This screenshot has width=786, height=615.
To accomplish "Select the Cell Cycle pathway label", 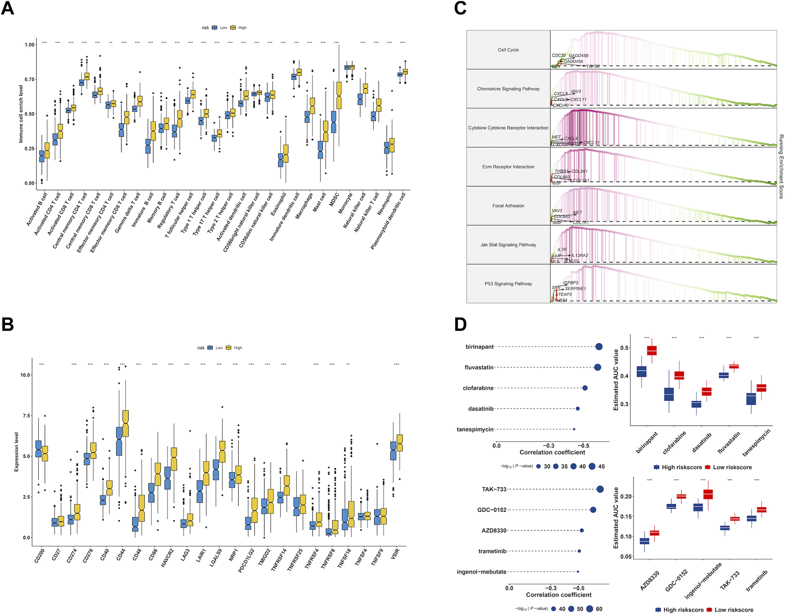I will coord(508,50).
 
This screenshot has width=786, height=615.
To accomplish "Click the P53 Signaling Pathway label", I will coord(508,284).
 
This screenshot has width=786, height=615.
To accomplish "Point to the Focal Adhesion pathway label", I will coord(508,206).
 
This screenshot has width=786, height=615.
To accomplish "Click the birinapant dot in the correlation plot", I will coord(598,346).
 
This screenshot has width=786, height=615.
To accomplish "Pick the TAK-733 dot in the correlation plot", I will coord(600,489).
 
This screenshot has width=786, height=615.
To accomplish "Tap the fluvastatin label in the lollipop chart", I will coord(479,368).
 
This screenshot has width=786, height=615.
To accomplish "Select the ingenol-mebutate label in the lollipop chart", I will coord(482,572).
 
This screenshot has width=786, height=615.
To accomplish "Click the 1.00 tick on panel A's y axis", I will coord(30,45).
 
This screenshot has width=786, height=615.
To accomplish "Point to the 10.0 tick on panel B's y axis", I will coord(25,375).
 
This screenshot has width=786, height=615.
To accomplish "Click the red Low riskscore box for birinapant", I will coord(652,350).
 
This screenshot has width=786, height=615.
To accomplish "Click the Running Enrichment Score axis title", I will coord(781,166).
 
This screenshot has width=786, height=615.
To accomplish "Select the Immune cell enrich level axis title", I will coord(21,114).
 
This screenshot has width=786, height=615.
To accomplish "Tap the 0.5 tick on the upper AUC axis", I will coord(625,348).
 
